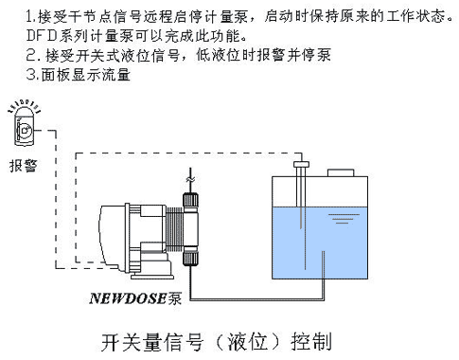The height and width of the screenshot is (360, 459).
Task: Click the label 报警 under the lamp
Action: pos(23,166)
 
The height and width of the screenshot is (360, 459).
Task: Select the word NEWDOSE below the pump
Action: pos(128,298)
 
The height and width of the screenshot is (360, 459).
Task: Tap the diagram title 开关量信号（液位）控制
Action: pos(217,342)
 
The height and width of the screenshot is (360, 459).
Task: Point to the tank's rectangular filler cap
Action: pos(341,173)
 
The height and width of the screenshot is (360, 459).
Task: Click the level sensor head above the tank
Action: pos(301,164)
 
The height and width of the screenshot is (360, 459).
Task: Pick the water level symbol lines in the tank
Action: pos(344,219)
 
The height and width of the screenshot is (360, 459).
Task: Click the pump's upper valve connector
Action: pos(190,203)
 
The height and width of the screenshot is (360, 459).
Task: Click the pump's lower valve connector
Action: pos(190,256)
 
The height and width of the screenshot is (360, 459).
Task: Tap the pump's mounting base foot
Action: pos(152,277)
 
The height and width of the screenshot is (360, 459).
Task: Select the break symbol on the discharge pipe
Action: pos(190,180)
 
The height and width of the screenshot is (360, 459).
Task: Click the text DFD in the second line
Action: pos(42,36)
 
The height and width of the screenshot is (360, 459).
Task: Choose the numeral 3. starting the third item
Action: pos(33,75)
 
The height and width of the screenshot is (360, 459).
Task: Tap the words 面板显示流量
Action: pos(86,75)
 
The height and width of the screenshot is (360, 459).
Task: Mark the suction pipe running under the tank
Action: pos(257,298)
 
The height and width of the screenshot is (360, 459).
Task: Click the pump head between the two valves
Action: pos(191,229)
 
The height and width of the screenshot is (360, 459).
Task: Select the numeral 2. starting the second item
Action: pos(33,56)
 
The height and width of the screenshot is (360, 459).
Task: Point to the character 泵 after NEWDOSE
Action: pos(175,298)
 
